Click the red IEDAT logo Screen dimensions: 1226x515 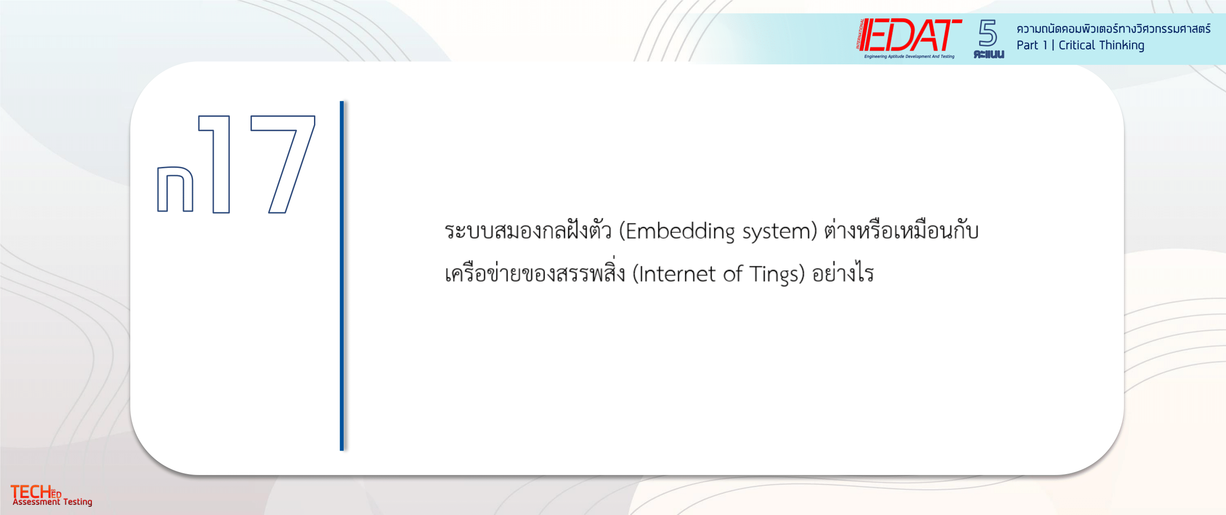pos(909,35)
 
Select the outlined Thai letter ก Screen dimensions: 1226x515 pos(175,189)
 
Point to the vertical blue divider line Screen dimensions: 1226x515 pos(342,275)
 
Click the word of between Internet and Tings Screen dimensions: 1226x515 pos(732,274)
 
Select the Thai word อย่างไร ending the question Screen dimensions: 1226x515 pos(843,273)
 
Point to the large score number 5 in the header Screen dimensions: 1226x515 pos(987,33)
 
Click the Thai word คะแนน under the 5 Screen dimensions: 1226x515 pos(988,54)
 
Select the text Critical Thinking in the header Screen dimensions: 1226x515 pos(1101,45)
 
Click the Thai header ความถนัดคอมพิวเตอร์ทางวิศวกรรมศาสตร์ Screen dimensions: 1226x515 pos(1113,29)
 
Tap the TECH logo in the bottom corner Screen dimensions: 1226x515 pos(36,492)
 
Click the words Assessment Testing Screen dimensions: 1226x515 pos(52,502)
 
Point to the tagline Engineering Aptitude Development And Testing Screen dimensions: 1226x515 pos(909,56)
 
